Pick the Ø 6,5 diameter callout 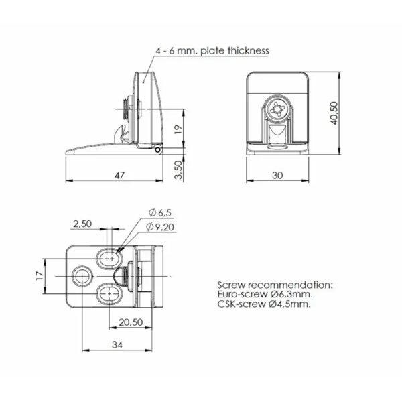pyautogui.click(x=161, y=212)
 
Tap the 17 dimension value pyautogui.click(x=39, y=275)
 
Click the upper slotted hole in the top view pyautogui.click(x=109, y=257)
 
